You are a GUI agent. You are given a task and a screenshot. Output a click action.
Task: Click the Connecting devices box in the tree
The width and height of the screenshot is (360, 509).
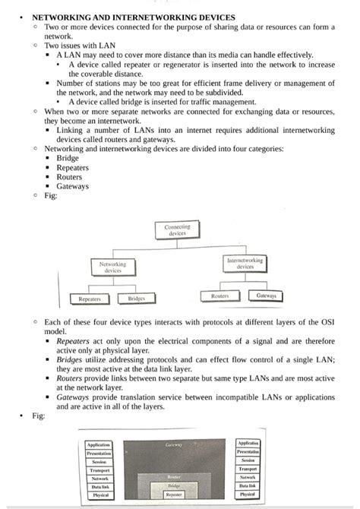(x=177, y=230)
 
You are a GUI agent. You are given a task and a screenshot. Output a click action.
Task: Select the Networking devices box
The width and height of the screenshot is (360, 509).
(x=112, y=267)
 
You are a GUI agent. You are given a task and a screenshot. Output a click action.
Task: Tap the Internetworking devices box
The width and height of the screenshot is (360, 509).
(x=245, y=263)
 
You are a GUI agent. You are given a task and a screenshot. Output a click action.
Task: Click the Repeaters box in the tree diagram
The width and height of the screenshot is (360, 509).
(x=90, y=299)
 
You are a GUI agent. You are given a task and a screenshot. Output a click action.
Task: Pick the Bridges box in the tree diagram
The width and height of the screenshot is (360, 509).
(x=136, y=299)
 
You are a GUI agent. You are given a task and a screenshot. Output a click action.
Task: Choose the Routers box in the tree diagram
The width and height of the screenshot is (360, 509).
(x=219, y=296)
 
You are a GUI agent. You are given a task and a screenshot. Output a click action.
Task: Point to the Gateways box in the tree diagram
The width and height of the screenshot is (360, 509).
(x=266, y=296)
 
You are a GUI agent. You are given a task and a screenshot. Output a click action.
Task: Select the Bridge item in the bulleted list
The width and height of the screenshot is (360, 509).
(x=68, y=158)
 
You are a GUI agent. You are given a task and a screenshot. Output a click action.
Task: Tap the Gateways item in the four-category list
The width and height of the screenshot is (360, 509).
(x=72, y=186)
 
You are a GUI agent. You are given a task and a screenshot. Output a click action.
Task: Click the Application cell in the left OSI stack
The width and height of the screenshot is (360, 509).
(x=99, y=444)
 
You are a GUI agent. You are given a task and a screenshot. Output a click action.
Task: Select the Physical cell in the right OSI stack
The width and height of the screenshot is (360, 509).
(x=248, y=494)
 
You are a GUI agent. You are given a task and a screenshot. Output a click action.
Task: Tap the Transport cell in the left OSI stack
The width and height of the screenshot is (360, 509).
(x=99, y=470)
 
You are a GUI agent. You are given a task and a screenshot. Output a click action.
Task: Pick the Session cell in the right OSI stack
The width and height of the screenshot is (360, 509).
(x=248, y=460)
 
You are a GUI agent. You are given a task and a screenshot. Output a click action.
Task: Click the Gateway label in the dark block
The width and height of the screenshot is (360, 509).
(x=173, y=444)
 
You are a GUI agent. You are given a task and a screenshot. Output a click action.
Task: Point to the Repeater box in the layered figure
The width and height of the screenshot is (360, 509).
(x=173, y=495)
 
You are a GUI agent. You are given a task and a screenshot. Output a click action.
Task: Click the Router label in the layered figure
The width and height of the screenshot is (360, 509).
(x=173, y=476)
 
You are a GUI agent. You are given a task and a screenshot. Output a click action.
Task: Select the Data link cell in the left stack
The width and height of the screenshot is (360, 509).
(x=99, y=487)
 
